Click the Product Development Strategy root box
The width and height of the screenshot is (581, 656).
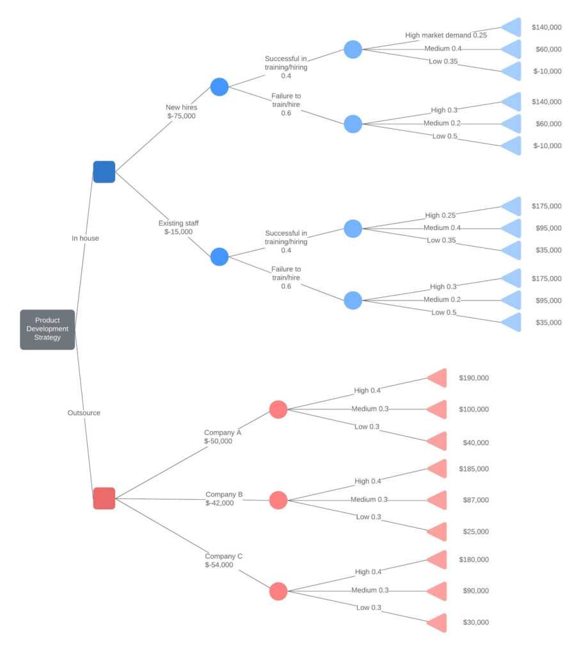[47, 329]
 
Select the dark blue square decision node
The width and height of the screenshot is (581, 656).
[104, 172]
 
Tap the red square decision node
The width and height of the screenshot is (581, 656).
[104, 498]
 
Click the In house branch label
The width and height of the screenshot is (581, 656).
[85, 238]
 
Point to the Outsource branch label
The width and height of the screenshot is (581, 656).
[84, 413]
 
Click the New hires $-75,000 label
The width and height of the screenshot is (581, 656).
[182, 112]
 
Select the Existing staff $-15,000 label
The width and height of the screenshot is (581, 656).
[179, 227]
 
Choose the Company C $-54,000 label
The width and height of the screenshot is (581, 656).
[223, 561]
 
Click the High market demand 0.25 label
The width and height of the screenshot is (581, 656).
[446, 35]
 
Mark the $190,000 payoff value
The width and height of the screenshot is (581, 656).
[474, 379]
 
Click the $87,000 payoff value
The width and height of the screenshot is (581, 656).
[475, 500]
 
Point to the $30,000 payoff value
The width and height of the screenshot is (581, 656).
[475, 623]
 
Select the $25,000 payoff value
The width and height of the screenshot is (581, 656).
[475, 532]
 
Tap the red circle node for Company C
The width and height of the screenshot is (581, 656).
[278, 591]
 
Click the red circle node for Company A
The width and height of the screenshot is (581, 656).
[278, 409]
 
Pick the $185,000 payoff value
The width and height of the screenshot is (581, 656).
[474, 470]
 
